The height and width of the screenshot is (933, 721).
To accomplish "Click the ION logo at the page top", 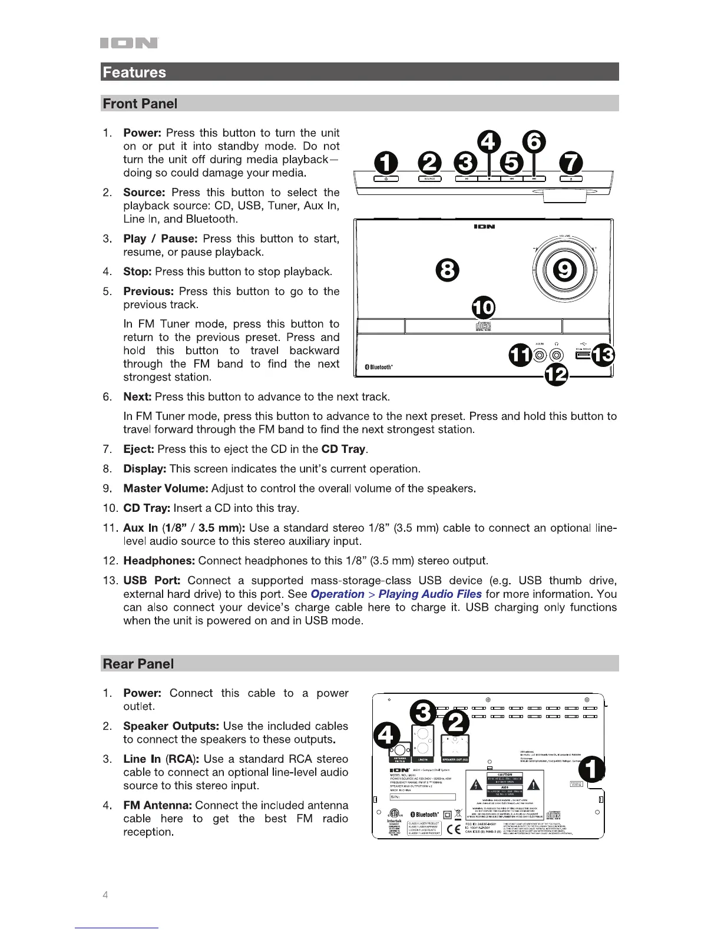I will click(x=129, y=43).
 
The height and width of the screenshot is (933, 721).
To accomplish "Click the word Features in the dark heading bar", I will click(x=134, y=72).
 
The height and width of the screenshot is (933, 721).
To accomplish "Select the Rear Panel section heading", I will click(x=138, y=664).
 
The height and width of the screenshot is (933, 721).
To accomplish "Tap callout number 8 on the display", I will click(x=447, y=270).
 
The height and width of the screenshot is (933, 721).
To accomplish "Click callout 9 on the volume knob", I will click(x=565, y=270).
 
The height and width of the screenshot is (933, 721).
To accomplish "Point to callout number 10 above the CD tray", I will click(x=484, y=307).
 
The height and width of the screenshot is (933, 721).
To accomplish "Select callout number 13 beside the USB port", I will click(x=603, y=355).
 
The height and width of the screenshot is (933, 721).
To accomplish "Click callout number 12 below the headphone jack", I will click(x=556, y=374).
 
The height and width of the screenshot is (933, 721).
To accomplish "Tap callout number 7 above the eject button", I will click(x=571, y=163).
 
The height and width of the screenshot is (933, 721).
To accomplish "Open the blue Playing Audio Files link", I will click(x=430, y=594).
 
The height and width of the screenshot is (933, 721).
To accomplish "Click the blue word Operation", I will click(x=338, y=594).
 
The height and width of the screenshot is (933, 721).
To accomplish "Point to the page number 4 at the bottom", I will click(x=105, y=895).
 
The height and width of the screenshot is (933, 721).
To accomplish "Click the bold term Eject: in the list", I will click(x=138, y=449).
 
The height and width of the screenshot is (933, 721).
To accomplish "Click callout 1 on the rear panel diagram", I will click(x=593, y=769).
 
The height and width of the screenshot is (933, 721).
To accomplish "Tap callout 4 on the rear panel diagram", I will click(x=387, y=736).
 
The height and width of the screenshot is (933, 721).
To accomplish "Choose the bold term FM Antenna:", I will click(x=157, y=805).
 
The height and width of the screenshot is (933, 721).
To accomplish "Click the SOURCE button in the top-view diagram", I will click(x=430, y=178).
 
